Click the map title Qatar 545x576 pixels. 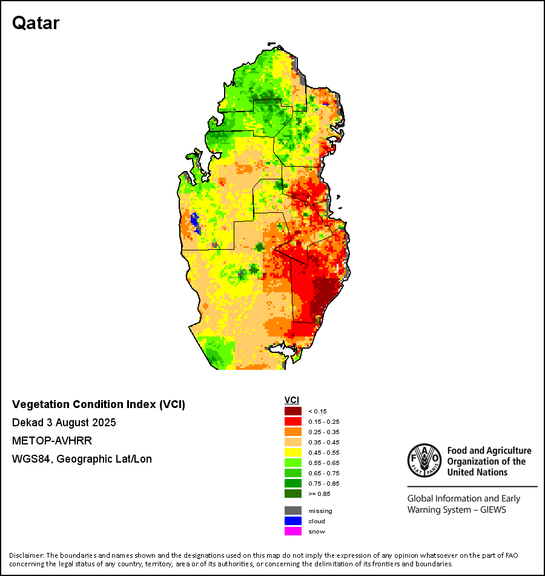pos(36,23)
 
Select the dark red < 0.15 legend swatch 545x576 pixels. pos(292,411)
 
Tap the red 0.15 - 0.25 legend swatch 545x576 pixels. pos(292,421)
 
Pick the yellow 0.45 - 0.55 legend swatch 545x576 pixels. pos(292,452)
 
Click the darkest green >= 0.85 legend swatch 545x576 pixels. pos(292,494)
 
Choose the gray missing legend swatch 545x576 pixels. pos(292,511)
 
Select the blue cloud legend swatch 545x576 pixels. pos(292,521)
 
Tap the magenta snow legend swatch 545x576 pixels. pos(292,531)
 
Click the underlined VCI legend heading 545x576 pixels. pos(292,400)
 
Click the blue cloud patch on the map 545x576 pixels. pos(195,222)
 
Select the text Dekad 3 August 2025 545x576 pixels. pos(64,423)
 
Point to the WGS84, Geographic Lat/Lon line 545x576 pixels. pos(82,459)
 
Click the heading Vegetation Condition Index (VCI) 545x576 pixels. pos(99,404)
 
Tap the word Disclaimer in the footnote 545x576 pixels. pos(26,555)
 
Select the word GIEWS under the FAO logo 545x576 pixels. pos(492,510)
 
